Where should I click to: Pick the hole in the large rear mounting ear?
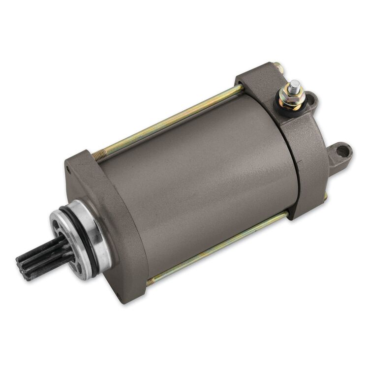(x=343, y=150)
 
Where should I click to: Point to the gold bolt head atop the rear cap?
(x=278, y=66)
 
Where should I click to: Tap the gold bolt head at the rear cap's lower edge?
(x=325, y=197)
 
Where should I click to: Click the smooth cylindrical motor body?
(x=197, y=182)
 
